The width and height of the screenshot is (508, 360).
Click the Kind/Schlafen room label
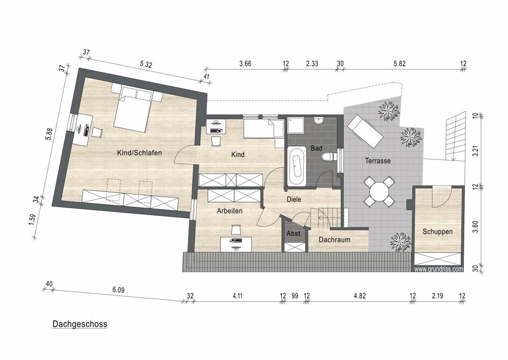[139, 153]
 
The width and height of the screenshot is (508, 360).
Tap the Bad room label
[316, 148]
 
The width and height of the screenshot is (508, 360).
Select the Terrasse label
[378, 160]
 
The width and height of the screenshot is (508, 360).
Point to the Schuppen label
[437, 232]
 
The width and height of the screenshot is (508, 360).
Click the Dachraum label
[334, 240]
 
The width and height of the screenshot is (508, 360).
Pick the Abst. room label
[294, 234]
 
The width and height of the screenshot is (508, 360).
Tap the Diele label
[294, 200]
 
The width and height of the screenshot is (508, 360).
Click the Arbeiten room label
[230, 211]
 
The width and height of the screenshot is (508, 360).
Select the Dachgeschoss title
[80, 324]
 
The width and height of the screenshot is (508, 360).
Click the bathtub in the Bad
[296, 166]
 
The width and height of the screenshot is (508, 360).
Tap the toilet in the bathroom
[328, 157]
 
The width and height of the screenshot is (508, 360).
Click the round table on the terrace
[379, 191]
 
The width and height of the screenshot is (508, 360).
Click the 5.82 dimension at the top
[399, 63]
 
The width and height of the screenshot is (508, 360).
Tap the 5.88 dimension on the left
[49, 135]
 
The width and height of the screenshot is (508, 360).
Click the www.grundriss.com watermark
[439, 269]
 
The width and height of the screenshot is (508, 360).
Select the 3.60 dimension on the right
[475, 226]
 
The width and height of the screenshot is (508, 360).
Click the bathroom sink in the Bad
[319, 120]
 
